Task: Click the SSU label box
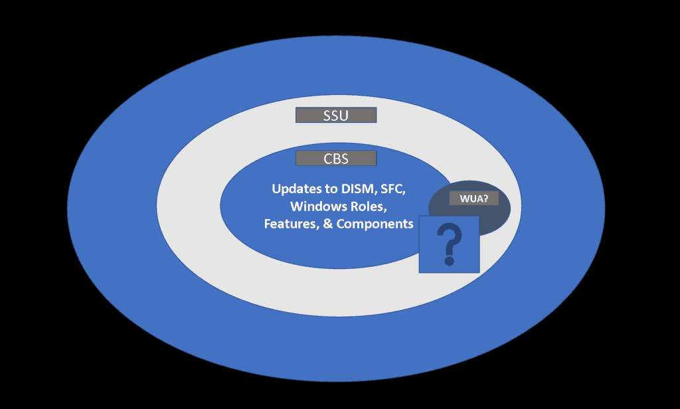click(x=336, y=116)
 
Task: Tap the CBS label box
click(x=336, y=159)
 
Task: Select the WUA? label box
click(x=473, y=198)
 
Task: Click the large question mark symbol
click(x=450, y=243)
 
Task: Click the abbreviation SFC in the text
click(x=392, y=189)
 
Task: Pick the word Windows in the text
click(x=315, y=206)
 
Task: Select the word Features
click(x=289, y=224)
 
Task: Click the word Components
click(x=375, y=224)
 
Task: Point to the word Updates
click(x=295, y=189)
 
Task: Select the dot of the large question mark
click(x=449, y=261)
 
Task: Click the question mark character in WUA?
click(x=485, y=198)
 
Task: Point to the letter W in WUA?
click(x=463, y=198)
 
